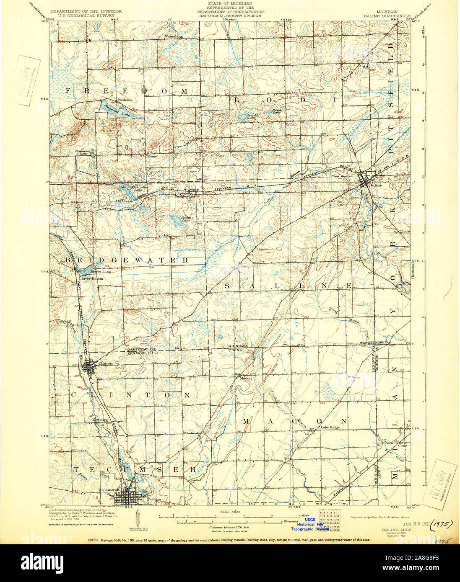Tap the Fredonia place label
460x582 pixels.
125,100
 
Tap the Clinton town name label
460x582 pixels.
105,363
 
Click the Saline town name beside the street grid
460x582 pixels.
376,184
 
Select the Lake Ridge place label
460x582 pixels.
330,427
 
